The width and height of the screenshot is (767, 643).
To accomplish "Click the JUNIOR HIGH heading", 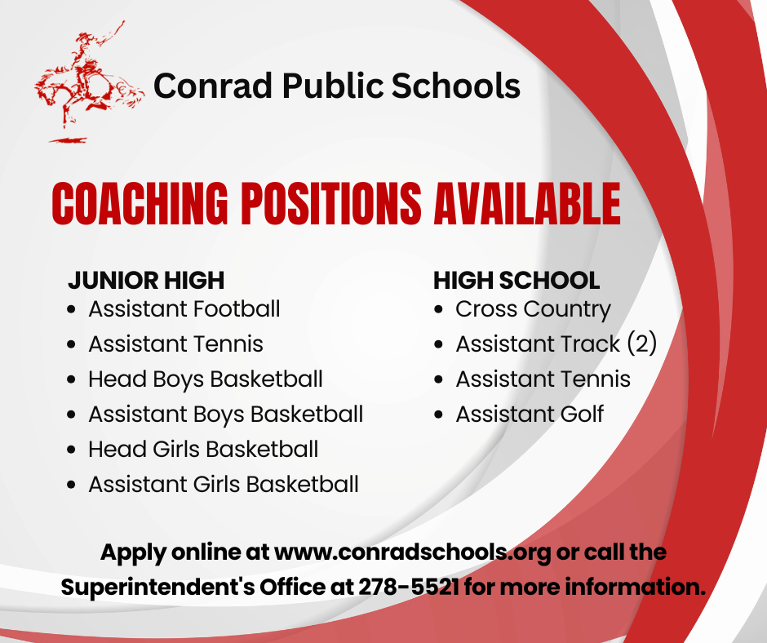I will pos(145,281).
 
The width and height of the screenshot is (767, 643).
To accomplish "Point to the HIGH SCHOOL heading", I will pos(517,281).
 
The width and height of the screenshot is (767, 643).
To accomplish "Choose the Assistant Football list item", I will pos(184,309).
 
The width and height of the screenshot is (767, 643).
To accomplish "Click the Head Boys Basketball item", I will pos(205,379).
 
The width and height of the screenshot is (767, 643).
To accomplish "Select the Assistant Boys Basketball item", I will pos(225,415).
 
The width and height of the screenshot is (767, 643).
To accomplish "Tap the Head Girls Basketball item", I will pos(203,450).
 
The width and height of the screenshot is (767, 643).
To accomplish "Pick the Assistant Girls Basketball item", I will pos(224,485).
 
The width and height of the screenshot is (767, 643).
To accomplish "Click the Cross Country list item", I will pos(533,309).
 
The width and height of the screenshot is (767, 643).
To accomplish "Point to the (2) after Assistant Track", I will pos(641,344).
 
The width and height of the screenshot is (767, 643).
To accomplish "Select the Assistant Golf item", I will pos(530,415).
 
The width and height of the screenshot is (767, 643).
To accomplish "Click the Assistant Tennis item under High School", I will pos(543,379).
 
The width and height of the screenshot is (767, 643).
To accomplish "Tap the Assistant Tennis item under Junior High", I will pos(175,344).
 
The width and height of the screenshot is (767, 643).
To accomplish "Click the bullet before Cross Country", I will pos(440,310).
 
